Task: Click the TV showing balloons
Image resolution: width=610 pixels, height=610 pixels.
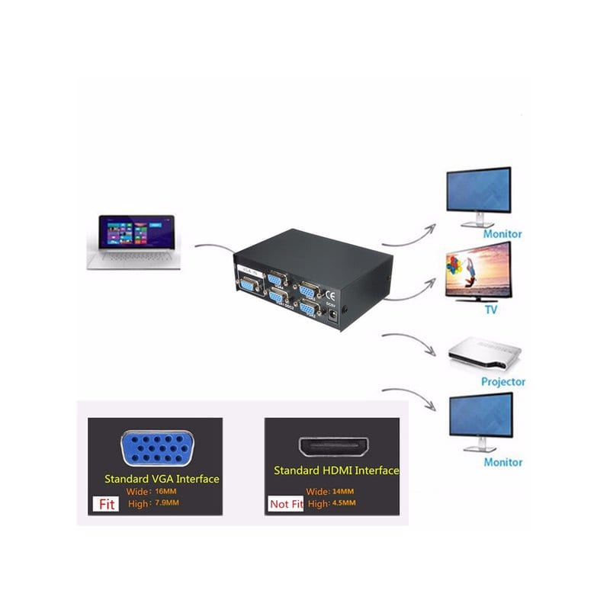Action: click(x=477, y=272)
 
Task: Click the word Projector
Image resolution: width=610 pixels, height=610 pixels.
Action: click(x=502, y=381)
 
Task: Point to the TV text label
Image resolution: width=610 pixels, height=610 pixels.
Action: click(x=492, y=310)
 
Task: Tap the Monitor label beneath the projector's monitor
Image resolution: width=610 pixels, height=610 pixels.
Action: click(x=502, y=462)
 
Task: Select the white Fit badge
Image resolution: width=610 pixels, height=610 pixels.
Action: click(x=105, y=504)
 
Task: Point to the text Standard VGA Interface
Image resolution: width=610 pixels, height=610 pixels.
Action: click(x=162, y=479)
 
